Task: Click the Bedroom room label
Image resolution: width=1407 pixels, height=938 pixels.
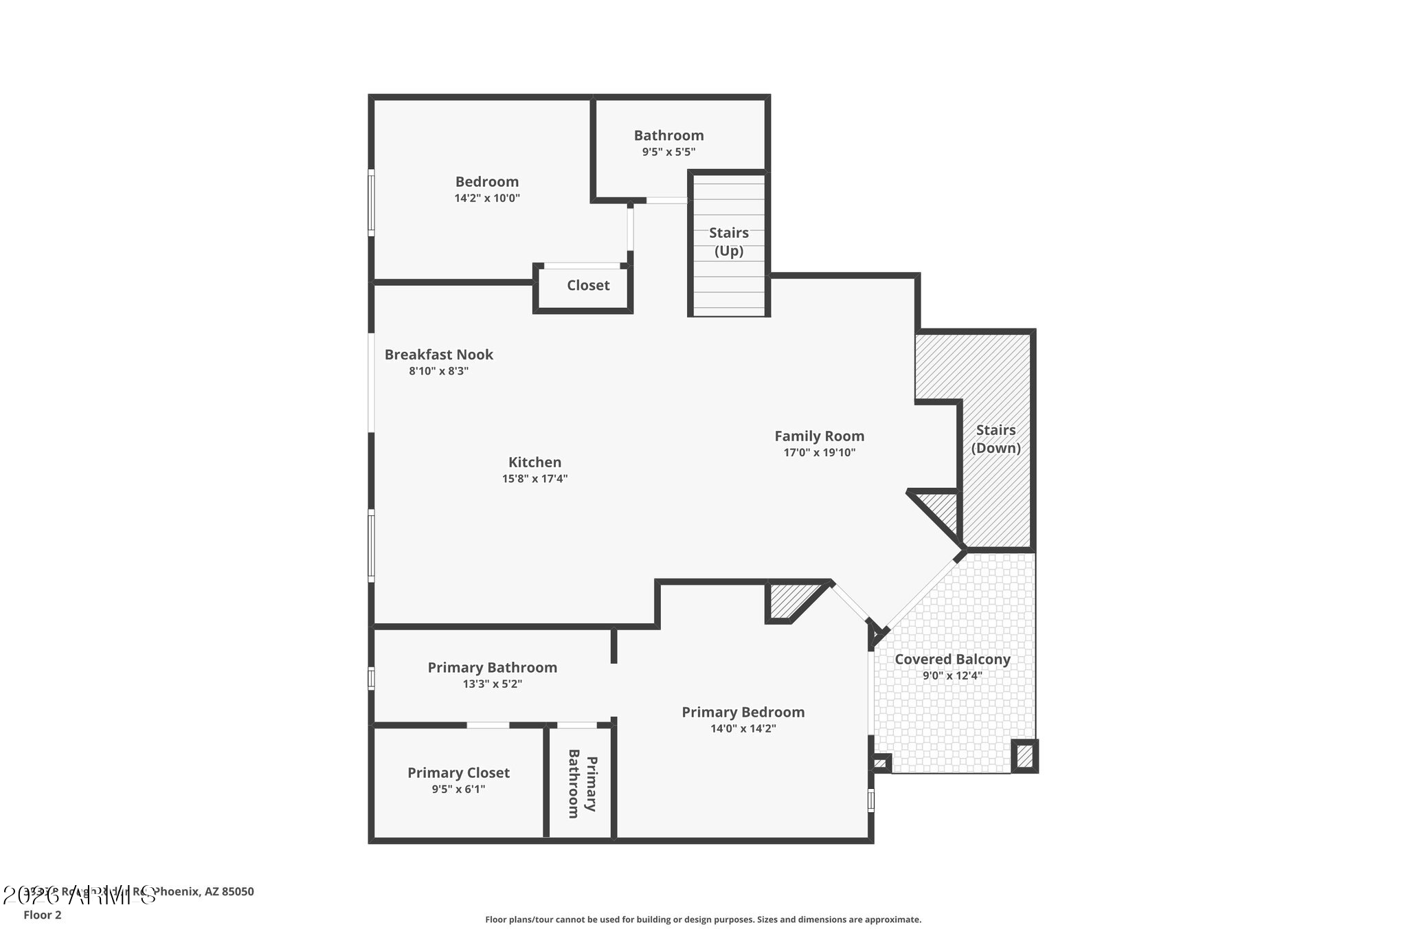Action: point(486,181)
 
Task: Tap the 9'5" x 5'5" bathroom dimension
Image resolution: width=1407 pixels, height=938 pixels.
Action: point(668,152)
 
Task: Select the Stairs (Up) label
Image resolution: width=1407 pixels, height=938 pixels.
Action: point(728,241)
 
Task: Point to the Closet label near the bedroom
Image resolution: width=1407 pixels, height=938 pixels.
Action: point(587,285)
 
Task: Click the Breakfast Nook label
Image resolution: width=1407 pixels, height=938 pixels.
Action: point(438,355)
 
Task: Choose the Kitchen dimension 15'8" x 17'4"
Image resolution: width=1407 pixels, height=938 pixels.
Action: point(534,479)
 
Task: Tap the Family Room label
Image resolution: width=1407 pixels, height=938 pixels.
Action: point(819,436)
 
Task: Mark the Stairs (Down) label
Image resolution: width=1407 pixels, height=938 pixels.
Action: point(995,438)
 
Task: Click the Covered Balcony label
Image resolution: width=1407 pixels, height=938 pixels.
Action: point(952,659)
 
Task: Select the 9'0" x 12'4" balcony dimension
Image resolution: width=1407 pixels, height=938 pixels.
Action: point(952,675)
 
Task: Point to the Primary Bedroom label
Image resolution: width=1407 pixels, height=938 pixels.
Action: point(743,712)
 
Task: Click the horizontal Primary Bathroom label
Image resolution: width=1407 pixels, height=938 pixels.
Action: point(492,667)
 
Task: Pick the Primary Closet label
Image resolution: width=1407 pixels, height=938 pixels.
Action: point(458,772)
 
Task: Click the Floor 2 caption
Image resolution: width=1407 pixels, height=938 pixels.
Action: point(43,915)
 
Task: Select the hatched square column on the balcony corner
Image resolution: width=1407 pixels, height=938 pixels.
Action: point(1024,756)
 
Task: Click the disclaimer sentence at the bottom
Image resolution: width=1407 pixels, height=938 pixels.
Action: point(703,919)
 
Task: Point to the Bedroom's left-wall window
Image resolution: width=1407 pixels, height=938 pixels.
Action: point(372,203)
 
